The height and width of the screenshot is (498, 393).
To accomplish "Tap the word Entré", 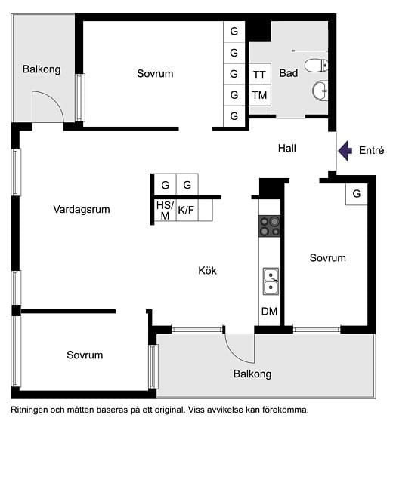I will click(x=372, y=151).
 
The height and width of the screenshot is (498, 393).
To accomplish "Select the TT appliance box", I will click(x=259, y=75).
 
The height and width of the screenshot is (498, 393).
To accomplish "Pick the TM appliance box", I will click(x=259, y=95).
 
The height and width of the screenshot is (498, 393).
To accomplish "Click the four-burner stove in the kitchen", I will click(x=270, y=226).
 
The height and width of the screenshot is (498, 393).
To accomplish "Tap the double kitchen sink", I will click(x=270, y=281).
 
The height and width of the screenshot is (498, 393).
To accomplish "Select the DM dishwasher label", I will click(x=270, y=312).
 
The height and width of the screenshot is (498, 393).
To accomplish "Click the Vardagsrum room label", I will click(x=82, y=209).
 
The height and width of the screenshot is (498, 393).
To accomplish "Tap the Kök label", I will click(x=207, y=270).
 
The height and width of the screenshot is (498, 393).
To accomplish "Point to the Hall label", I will click(x=286, y=149).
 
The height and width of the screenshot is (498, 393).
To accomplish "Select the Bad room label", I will click(x=288, y=74).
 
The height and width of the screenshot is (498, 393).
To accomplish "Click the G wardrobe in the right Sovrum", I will click(x=357, y=194).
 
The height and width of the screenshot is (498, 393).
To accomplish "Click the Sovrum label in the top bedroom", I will click(x=155, y=74).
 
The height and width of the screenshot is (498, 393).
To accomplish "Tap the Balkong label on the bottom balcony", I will click(x=252, y=373).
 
